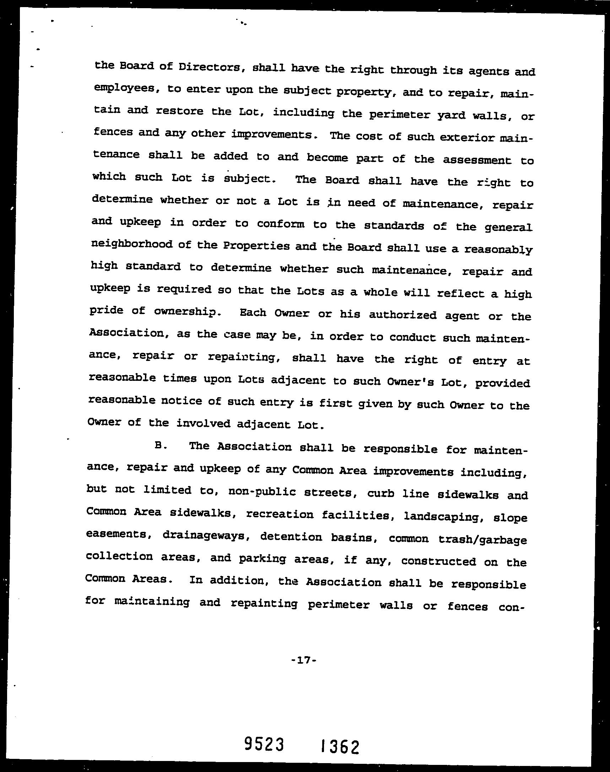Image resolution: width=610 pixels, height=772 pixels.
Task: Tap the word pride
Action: tap(106, 311)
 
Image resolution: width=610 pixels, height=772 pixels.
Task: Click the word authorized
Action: tap(403, 315)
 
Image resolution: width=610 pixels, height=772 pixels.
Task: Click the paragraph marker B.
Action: tap(159, 445)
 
